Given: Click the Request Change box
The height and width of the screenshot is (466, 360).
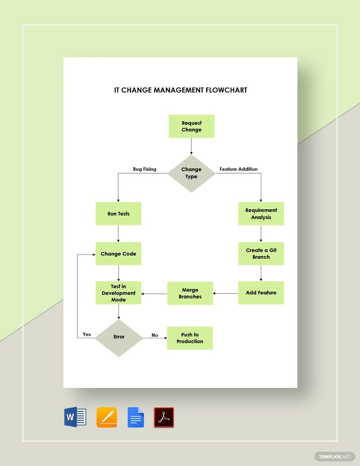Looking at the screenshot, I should click(x=191, y=126).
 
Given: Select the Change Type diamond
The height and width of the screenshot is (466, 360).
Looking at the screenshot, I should click(x=191, y=173).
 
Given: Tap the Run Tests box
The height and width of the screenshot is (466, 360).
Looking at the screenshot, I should click(x=118, y=214).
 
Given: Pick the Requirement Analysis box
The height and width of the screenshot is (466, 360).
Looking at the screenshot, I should click(x=261, y=214).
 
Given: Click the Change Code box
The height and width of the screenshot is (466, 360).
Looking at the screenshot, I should click(x=118, y=254).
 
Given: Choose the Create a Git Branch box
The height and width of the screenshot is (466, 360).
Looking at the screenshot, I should click(x=261, y=254).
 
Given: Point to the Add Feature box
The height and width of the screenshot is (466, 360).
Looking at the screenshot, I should click(x=261, y=293).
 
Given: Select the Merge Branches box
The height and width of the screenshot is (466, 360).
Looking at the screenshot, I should click(x=190, y=293).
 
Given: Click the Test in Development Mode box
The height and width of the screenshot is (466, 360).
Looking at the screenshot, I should click(x=118, y=293).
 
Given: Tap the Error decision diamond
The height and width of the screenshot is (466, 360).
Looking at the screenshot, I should click(x=119, y=337).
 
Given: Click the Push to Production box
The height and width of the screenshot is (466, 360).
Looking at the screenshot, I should click(x=190, y=338).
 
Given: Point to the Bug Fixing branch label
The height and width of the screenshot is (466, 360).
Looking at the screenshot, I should click(x=144, y=169).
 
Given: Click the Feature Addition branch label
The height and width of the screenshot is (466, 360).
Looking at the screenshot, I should click(x=239, y=169).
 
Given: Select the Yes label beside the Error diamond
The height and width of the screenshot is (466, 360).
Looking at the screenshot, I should click(x=87, y=334).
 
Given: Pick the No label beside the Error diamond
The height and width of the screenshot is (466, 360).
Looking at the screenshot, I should click(x=155, y=335).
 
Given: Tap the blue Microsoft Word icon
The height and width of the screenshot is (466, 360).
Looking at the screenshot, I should click(x=75, y=417).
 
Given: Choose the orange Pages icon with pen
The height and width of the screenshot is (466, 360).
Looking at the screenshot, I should click(x=107, y=417).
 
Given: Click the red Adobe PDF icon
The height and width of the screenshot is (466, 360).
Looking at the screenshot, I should click(x=164, y=417).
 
